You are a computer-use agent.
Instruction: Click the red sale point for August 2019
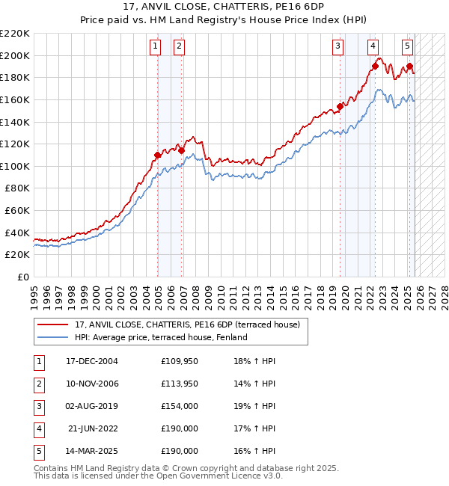[x=340, y=106]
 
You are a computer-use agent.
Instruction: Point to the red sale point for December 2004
[x=158, y=156]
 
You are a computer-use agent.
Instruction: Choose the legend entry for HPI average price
[x=162, y=337]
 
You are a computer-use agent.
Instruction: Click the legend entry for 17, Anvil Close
[x=187, y=324]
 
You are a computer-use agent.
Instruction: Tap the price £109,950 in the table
[x=180, y=361]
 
